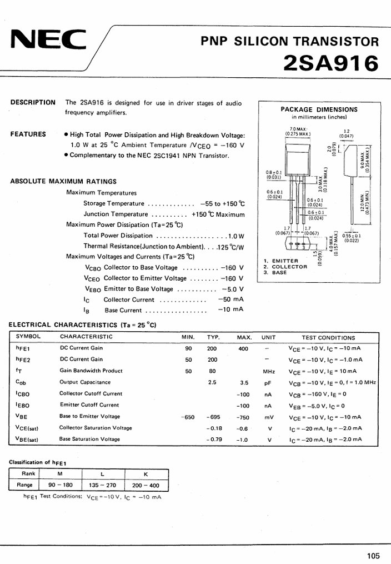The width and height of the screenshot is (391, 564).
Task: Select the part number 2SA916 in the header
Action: pos(331,63)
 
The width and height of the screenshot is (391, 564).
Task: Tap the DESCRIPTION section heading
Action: pos(33,102)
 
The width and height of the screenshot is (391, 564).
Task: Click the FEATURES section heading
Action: pos(28,134)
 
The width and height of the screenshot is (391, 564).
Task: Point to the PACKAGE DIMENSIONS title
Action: pos(319,109)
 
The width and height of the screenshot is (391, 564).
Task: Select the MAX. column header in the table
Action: pos(244,337)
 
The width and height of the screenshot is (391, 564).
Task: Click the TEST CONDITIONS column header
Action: pos(328,337)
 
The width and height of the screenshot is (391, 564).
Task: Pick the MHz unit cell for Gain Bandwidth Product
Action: pos(269,371)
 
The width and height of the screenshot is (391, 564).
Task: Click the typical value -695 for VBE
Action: pos(213,417)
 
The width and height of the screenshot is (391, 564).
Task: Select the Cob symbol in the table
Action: pos(21,382)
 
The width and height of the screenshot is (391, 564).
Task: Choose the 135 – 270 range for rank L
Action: pos(102,485)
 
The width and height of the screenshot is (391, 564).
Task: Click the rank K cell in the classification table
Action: pos(146,473)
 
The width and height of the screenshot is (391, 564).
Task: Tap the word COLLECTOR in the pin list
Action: pos(289,267)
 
